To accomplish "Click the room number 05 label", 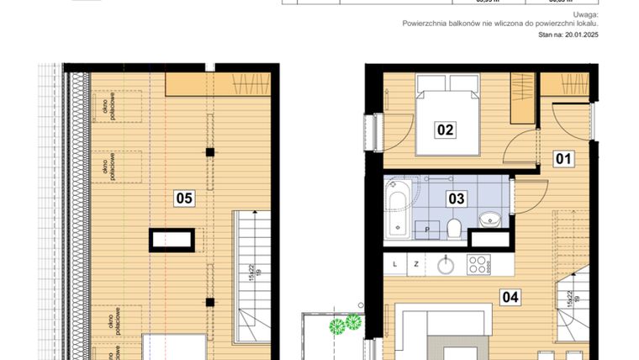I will [184, 199].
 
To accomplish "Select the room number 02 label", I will [445, 130].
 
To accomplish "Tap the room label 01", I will [562, 157].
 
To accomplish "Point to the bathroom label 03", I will [456, 199].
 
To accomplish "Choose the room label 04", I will [510, 295].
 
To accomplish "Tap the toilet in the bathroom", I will [452, 228].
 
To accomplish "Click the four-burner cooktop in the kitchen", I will [478, 264].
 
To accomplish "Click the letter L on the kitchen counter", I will [394, 264].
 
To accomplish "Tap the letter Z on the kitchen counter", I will [415, 264].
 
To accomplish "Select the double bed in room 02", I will [447, 114].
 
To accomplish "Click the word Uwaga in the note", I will [585, 15].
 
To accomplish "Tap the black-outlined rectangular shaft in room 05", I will [175, 241].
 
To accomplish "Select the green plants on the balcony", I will [345, 323].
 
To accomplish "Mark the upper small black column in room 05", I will [210, 152].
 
